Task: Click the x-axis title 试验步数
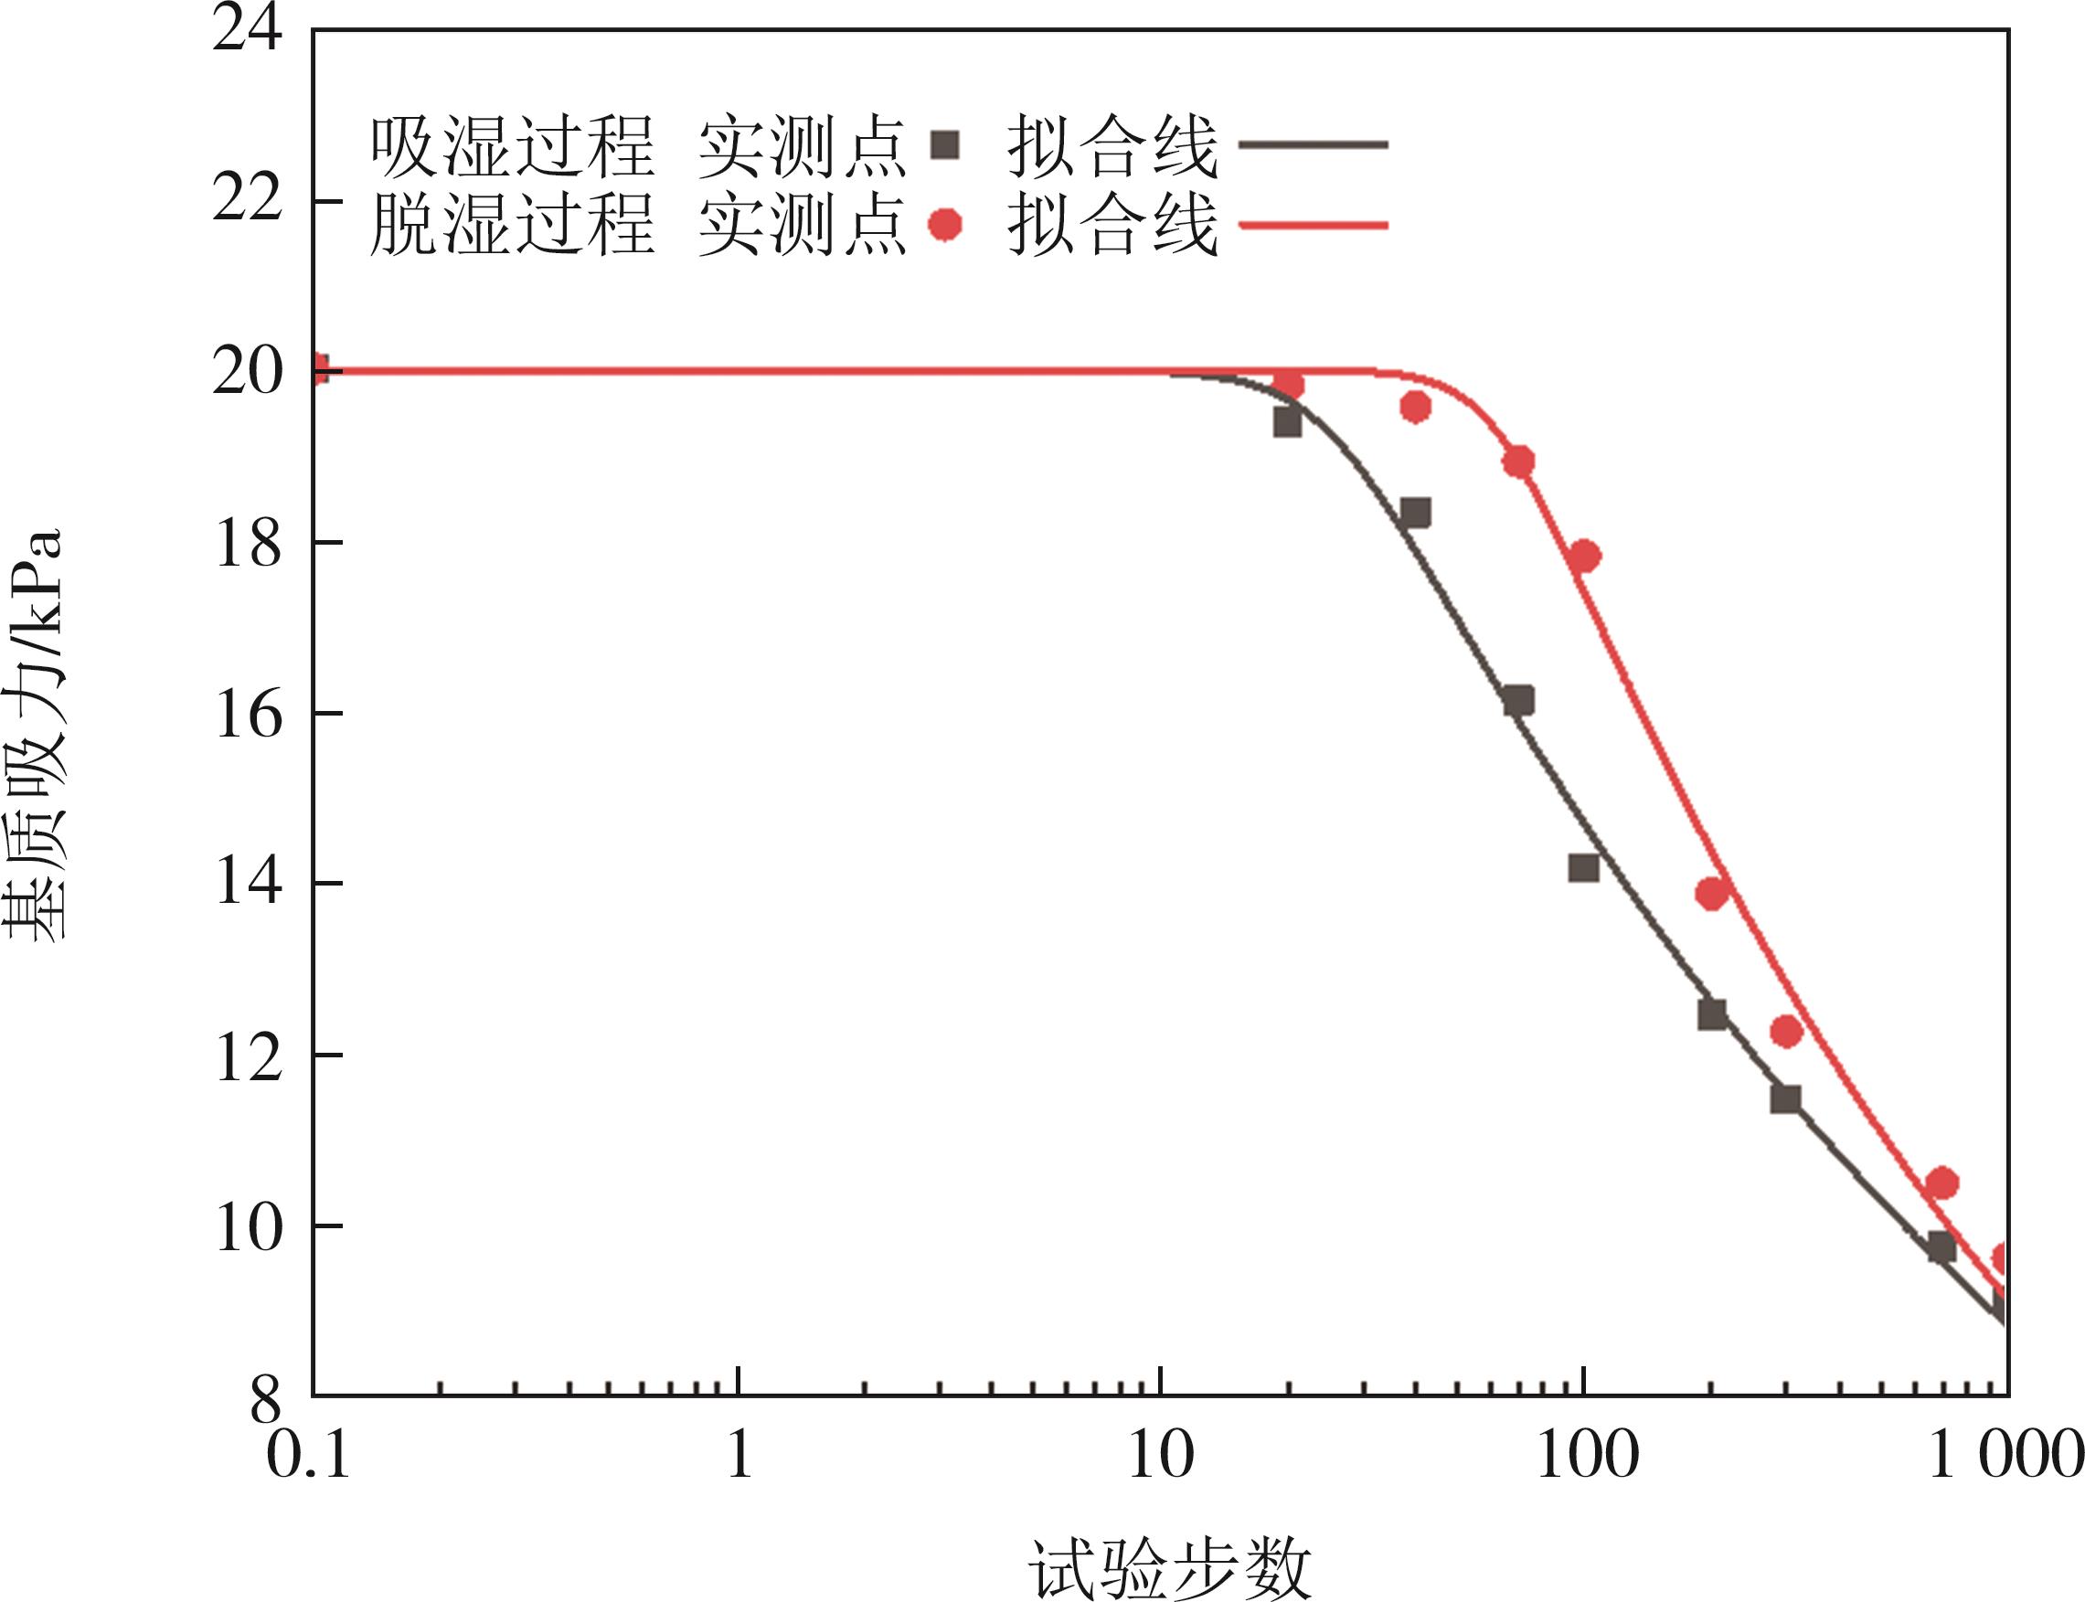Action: [1169, 1566]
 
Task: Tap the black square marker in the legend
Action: [945, 145]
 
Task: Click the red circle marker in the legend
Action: [945, 225]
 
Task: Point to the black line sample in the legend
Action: [1313, 145]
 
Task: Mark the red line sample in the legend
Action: [1313, 225]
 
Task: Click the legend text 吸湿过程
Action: [512, 148]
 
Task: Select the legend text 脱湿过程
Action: [512, 225]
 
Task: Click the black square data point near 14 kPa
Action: [1583, 868]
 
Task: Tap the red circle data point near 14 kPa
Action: [1712, 894]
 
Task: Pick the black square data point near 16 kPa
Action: [1518, 701]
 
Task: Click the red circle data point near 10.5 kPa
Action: [1941, 1183]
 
